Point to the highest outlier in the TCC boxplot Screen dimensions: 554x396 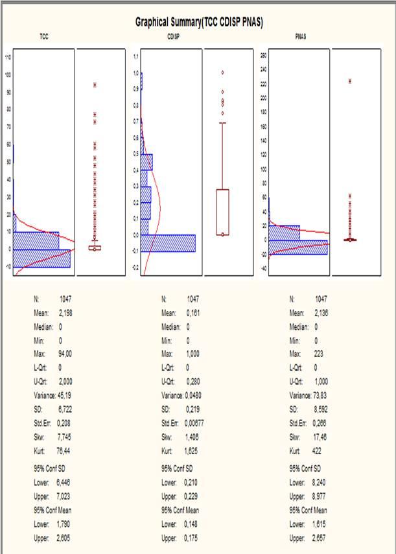coord(95,85)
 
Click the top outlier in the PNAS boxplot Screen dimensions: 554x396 coord(351,81)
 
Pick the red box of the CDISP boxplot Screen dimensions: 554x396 coord(223,211)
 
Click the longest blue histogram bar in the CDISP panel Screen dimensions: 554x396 coord(168,243)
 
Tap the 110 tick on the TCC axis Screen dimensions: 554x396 coord(8,57)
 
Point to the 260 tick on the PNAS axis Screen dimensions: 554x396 coord(264,56)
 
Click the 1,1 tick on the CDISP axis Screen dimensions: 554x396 coord(136,57)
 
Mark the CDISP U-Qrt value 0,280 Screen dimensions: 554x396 coord(194,382)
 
